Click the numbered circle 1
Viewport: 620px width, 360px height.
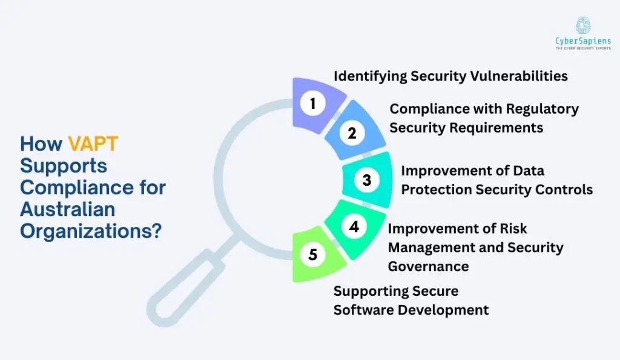click(312, 103)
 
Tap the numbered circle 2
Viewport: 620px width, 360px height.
click(352, 134)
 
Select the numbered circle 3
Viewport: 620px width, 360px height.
click(366, 180)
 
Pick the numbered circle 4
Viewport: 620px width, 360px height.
click(354, 226)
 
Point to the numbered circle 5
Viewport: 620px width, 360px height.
click(312, 255)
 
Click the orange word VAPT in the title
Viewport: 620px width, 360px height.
click(93, 143)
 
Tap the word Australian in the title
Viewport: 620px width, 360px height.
click(67, 209)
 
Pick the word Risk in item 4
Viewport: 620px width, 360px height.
click(512, 228)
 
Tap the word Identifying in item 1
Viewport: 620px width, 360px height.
click(370, 76)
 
